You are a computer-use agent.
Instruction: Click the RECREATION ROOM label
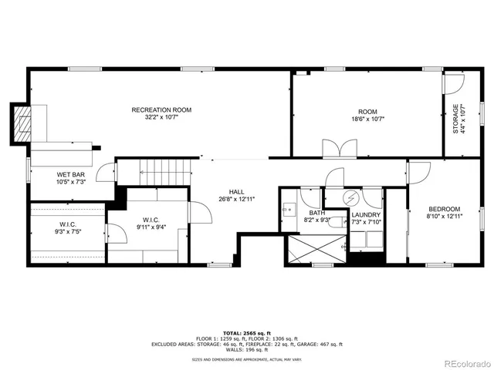[x=161, y=110]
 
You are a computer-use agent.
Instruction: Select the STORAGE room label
[x=456, y=119]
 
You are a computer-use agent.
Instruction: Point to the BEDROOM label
[x=445, y=209]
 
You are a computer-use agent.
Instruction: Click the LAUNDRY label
[x=366, y=215]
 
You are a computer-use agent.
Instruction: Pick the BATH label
[x=317, y=213]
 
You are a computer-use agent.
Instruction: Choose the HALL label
[x=236, y=191]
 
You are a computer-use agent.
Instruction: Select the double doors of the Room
[x=340, y=149]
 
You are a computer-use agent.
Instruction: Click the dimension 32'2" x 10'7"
[x=161, y=118]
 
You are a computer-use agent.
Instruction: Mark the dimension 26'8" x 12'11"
[x=236, y=199]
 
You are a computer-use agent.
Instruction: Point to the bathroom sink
[x=288, y=208]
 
